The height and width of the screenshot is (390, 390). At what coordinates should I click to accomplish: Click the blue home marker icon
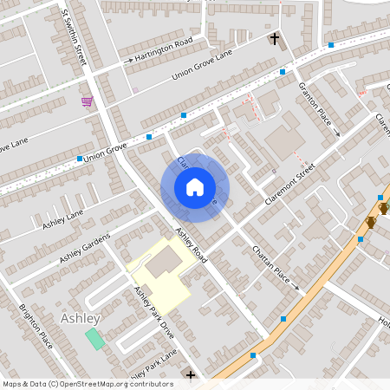pos(194,187)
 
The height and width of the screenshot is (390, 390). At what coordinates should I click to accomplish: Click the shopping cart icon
pos(87,102)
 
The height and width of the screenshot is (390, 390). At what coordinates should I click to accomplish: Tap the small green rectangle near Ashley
pos(94,338)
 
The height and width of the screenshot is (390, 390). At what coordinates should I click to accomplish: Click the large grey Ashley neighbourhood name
pos(81,318)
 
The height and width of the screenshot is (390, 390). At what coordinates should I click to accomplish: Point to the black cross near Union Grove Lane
pos(275,39)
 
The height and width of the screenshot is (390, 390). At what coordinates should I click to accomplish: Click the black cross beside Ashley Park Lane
pos(191,375)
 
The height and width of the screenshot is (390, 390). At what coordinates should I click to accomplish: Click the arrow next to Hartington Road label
pos(128,61)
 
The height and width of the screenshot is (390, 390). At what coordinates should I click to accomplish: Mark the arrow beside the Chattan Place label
pos(296,287)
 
